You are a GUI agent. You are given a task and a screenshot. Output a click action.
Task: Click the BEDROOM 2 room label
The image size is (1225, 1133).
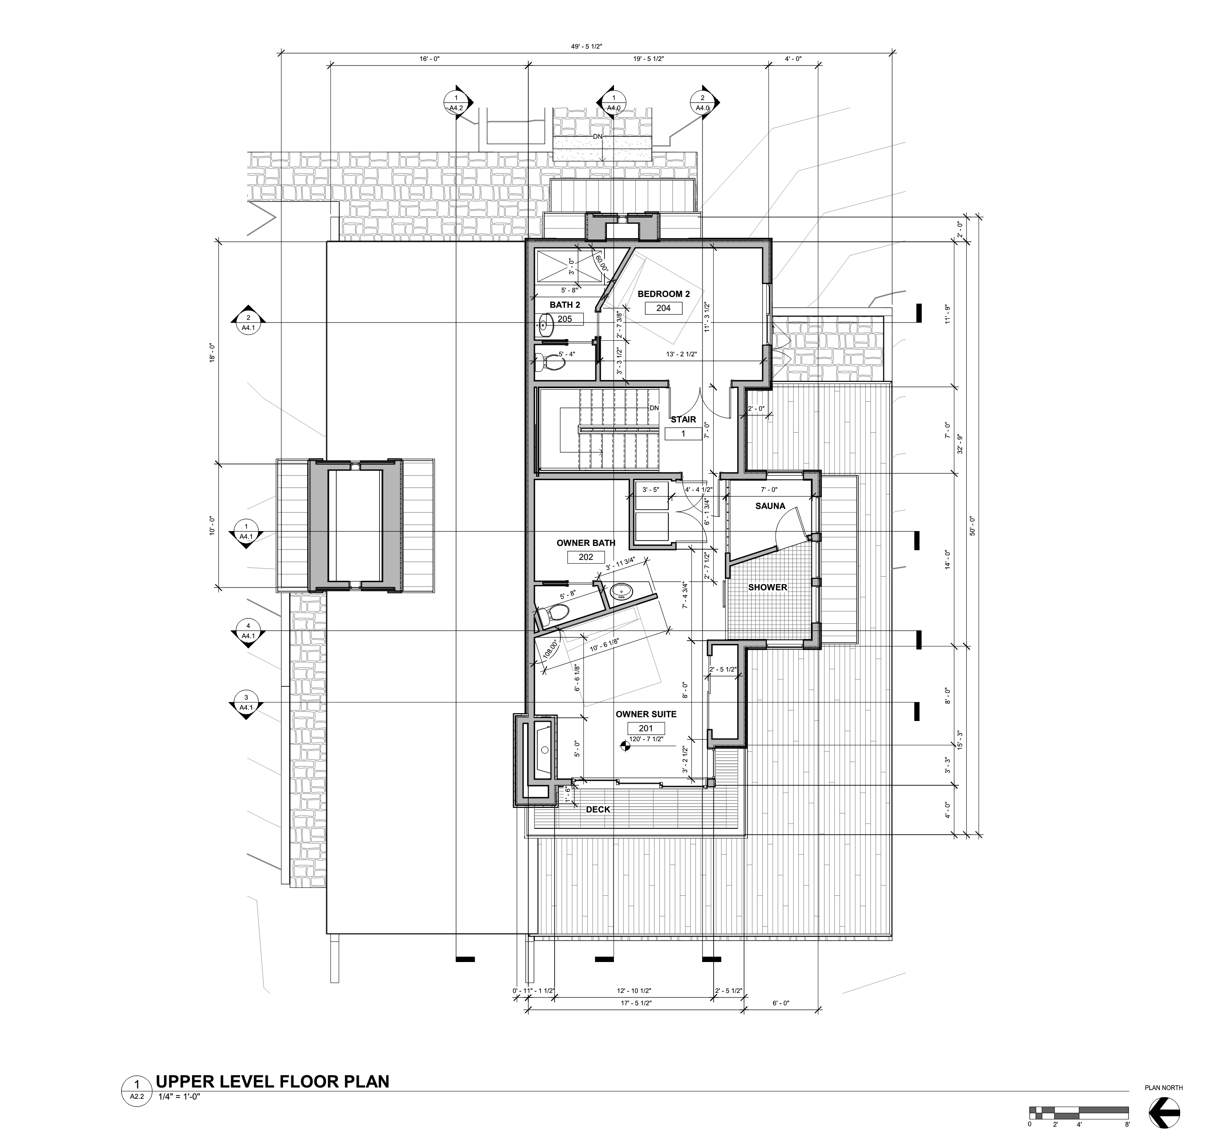coord(663,294)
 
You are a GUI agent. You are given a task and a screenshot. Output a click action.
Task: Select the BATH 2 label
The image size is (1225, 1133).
coord(564,305)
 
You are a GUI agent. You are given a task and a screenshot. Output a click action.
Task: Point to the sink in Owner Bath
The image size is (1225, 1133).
coord(621,592)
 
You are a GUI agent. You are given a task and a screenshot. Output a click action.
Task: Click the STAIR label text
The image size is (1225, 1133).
coord(683,419)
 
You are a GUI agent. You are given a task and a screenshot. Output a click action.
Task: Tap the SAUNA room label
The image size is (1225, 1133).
coord(770,506)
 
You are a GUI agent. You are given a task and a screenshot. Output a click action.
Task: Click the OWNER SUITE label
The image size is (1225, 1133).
coord(646,714)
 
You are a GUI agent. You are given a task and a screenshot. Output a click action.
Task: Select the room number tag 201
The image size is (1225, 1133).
coord(646,728)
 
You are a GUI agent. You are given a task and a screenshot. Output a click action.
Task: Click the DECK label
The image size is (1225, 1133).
coord(598,809)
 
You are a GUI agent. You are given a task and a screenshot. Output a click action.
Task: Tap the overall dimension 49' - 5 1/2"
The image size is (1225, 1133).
coord(586,46)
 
